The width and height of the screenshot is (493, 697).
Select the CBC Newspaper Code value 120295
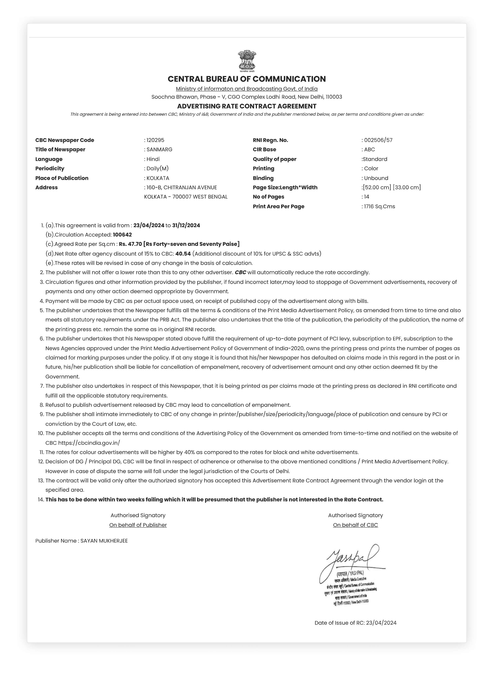click(155, 140)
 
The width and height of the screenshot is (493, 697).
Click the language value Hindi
click(153, 159)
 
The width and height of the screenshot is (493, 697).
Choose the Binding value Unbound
click(376, 178)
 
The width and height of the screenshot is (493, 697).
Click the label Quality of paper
click(274, 159)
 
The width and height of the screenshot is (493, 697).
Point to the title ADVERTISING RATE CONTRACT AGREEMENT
click(247, 106)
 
